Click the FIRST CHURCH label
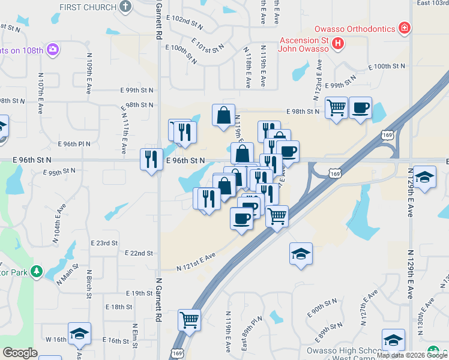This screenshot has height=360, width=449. (x=87, y=7)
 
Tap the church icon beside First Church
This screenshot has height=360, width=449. (x=125, y=7)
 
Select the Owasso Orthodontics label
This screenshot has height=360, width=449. (x=355, y=29)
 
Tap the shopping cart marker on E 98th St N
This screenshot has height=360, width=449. (x=337, y=109)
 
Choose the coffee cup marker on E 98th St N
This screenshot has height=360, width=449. (x=360, y=109)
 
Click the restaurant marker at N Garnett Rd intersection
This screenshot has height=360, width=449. (x=151, y=160)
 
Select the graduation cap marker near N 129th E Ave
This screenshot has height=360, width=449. (x=424, y=177)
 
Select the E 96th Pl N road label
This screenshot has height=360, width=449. (x=74, y=144)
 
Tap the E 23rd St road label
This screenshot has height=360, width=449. (x=104, y=243)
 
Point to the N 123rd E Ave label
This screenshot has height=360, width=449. (x=315, y=87)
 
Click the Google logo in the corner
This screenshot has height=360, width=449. (x=20, y=353)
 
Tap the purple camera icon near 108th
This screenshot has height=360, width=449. (x=53, y=49)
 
